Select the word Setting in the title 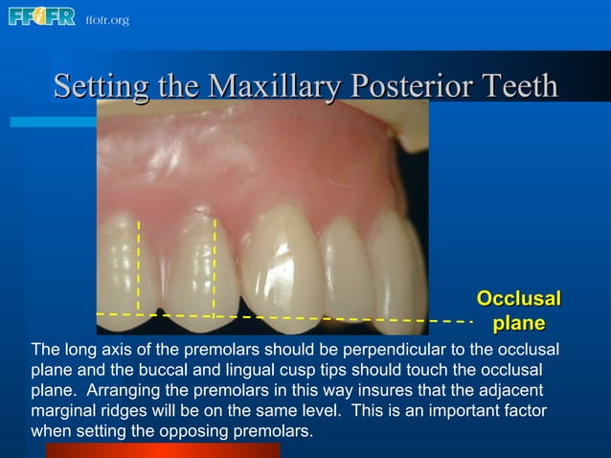[100, 86]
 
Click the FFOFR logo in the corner [41, 17]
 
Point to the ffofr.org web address [106, 20]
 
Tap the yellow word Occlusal [518, 298]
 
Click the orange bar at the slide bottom [162, 450]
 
